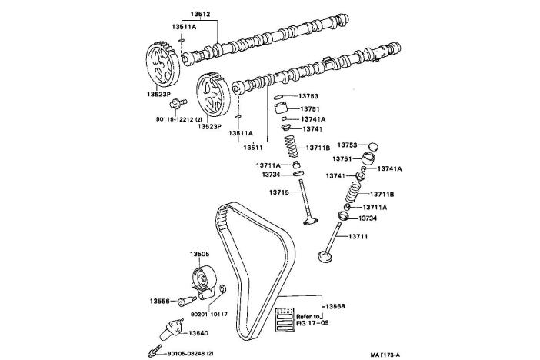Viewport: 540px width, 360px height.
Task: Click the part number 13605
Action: [200, 254]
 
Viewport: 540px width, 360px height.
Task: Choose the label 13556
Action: [160, 301]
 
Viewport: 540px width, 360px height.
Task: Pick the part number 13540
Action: [198, 333]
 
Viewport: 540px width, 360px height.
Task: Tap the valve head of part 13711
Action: [326, 255]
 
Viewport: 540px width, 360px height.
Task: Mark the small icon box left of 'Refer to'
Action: [285, 317]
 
